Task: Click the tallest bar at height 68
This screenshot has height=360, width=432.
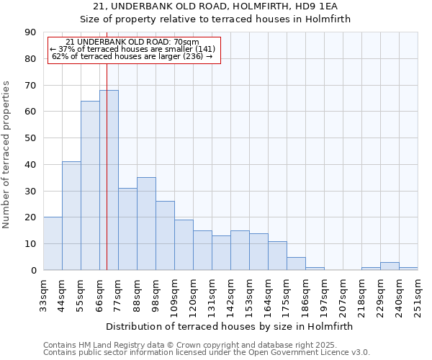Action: tap(109, 180)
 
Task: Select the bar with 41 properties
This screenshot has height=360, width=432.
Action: tap(71, 216)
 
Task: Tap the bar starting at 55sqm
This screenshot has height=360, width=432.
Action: tap(90, 186)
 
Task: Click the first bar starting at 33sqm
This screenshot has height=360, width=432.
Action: tap(53, 243)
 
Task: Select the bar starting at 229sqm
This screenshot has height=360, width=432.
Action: tap(390, 266)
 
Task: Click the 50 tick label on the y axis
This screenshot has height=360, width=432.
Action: tap(31, 138)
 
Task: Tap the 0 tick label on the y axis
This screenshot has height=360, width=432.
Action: tap(34, 271)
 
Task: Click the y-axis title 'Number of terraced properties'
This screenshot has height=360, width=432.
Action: tap(7, 154)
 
